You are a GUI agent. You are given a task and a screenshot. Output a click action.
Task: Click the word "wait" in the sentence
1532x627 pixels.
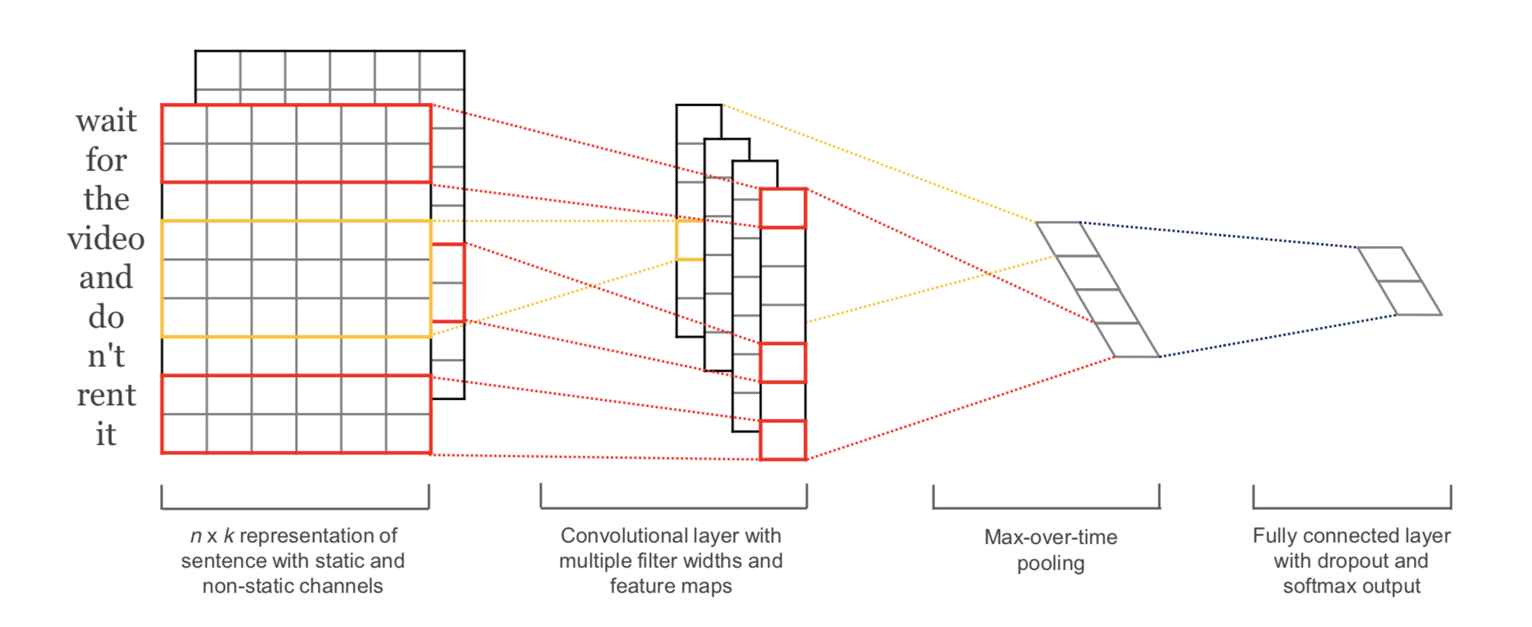(x=106, y=121)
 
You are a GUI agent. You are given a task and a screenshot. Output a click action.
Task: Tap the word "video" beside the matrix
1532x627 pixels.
(x=106, y=239)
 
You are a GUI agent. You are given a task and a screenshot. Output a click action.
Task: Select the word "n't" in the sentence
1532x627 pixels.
(x=106, y=357)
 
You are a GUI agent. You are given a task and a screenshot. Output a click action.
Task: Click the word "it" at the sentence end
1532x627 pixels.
(x=106, y=435)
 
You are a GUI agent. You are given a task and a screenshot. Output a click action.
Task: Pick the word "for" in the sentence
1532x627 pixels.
(x=106, y=161)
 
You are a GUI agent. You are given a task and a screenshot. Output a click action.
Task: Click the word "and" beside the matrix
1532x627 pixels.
(x=106, y=278)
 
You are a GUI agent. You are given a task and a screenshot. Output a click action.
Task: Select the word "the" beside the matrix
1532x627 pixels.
(x=106, y=200)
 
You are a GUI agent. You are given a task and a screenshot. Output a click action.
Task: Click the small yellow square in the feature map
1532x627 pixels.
(x=690, y=240)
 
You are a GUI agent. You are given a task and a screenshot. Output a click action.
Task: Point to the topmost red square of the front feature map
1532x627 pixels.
(x=783, y=208)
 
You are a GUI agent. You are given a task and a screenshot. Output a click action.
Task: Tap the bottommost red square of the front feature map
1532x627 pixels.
(x=783, y=440)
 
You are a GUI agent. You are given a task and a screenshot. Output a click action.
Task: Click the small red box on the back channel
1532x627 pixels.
(x=448, y=283)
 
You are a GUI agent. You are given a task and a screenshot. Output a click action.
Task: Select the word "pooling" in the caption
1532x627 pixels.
(x=1050, y=564)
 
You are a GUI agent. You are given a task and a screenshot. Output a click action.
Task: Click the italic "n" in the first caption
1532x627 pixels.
(x=196, y=536)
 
